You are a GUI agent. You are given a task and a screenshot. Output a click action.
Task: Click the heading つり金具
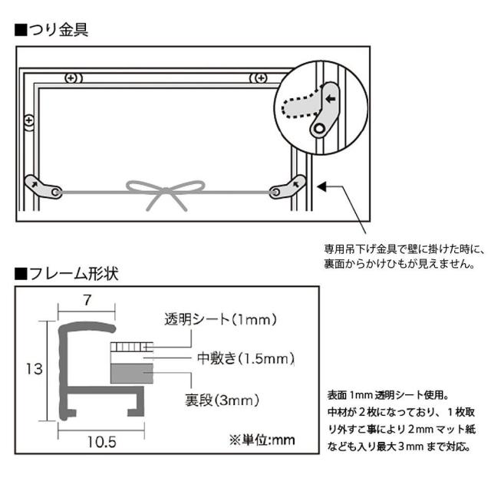pos(56,31)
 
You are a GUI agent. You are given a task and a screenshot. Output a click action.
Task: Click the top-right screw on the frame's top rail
pos(259,77)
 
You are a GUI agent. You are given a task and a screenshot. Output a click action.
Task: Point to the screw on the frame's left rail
pos(29,120)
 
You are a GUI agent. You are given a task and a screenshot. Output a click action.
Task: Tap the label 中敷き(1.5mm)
pos(233,358)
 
